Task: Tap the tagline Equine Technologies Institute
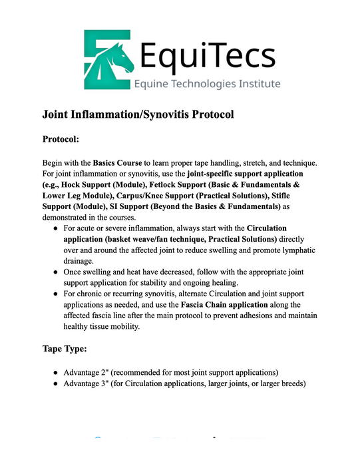pyautogui.click(x=208, y=84)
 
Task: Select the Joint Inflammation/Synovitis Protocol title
pyautogui.click(x=138, y=115)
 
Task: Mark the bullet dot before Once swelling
pyautogui.click(x=55, y=273)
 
